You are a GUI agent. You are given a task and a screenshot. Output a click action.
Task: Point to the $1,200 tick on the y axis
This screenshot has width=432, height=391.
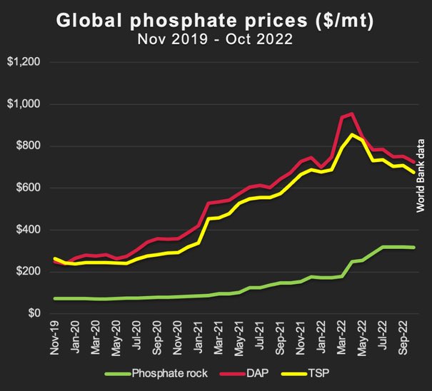24,63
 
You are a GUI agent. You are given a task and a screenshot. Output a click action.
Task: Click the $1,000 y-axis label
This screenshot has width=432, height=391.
24,105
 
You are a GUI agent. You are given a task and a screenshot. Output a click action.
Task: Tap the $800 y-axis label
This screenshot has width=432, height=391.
27,146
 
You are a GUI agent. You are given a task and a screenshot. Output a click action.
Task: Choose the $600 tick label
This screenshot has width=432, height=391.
27,188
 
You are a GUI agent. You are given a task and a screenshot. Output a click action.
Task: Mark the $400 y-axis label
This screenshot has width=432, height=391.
27,230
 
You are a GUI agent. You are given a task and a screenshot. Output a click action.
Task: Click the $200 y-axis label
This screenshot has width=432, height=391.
27,272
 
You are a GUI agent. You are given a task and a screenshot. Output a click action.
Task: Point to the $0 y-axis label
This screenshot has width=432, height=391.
33,314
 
